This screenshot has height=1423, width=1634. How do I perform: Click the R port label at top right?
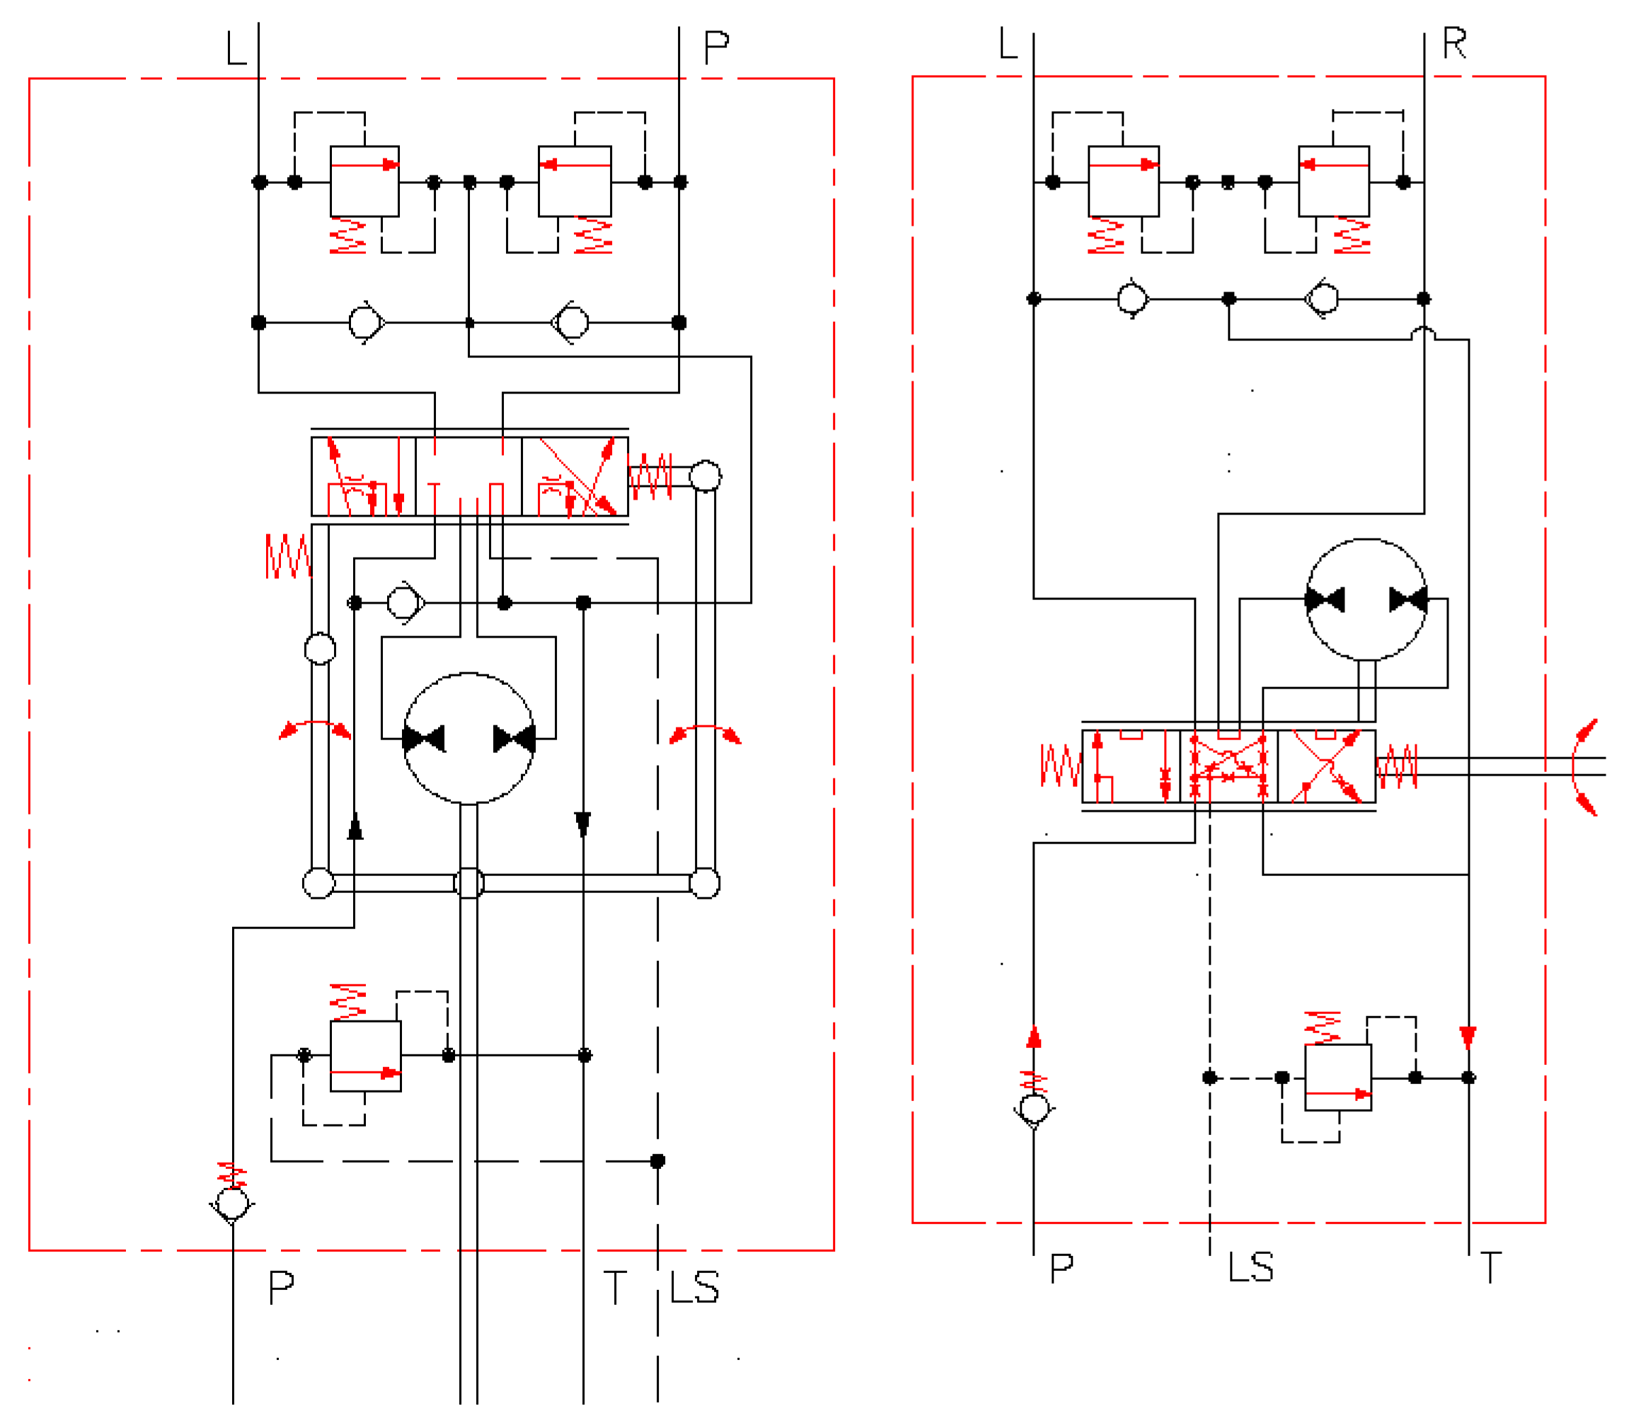[1454, 44]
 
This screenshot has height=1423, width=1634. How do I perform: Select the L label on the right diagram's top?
[1008, 44]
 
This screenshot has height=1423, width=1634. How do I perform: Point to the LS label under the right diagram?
[1250, 1267]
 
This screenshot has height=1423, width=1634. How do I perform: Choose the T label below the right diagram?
[1490, 1267]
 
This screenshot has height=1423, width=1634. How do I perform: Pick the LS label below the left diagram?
[694, 1287]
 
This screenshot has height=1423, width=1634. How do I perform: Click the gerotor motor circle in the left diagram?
[468, 739]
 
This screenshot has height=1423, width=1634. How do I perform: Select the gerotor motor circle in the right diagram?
[1366, 599]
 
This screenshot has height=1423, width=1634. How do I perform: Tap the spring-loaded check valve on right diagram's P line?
[1034, 1109]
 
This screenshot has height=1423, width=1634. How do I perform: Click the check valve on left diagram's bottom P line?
[232, 1204]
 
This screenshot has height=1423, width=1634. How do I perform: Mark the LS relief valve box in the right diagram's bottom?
[1338, 1078]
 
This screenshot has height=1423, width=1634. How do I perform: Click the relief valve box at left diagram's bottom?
[365, 1056]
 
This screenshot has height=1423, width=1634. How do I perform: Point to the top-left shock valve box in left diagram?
[364, 181]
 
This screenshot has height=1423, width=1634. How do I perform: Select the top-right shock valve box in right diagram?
[1334, 181]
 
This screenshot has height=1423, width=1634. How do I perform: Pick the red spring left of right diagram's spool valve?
[1060, 766]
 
